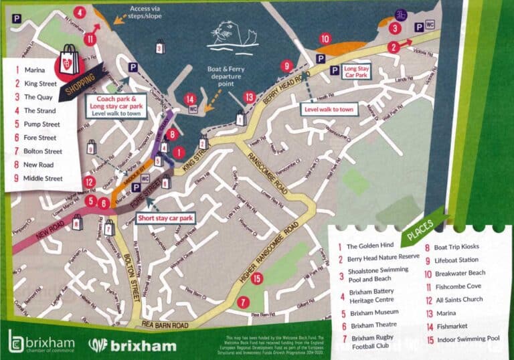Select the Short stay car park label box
165,218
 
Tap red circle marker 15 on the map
256,278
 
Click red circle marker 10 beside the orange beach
325,38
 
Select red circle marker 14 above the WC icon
191,98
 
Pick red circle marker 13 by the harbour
249,97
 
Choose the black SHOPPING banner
81,84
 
